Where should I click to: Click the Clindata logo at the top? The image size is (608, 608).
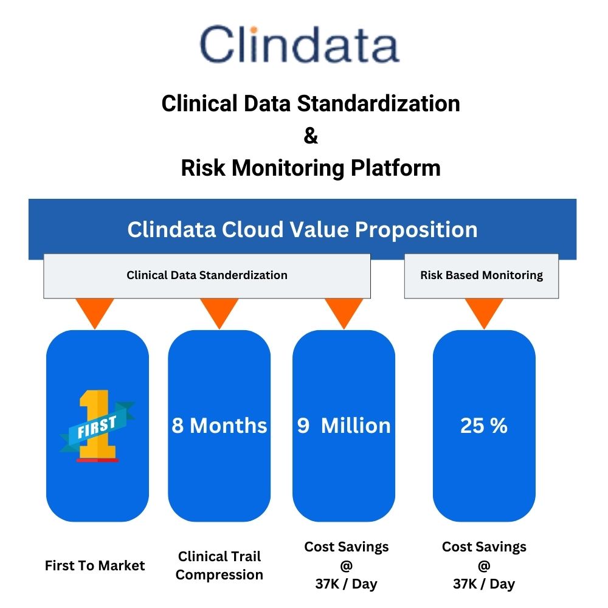coord(299,44)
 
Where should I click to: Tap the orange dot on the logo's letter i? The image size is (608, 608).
coord(254,30)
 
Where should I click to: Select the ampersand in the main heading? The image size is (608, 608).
coord(311,136)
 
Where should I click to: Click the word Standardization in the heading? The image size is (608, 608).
coord(378,104)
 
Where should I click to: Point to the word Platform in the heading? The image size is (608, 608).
coord(396,168)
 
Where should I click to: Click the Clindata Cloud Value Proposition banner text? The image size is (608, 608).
coord(302,229)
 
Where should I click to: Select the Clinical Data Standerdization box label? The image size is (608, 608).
coord(207,275)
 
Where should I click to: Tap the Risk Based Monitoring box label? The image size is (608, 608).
coord(482,275)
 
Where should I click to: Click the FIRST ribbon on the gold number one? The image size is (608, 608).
coord(97,427)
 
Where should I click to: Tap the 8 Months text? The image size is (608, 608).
coord(219,426)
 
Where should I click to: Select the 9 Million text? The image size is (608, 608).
coord(344,426)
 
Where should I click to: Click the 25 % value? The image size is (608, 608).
coord(484,426)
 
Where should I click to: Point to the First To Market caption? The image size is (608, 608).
coord(95,565)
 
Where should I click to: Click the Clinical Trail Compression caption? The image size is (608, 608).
coord(219,565)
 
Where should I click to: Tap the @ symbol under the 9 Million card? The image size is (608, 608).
coord(347,565)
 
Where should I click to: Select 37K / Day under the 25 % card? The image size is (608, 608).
coord(484,584)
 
